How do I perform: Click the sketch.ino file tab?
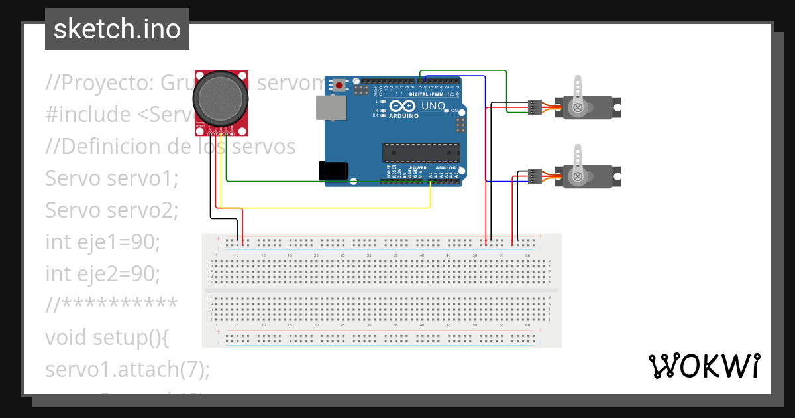tap(117, 29)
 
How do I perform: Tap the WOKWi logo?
tap(704, 366)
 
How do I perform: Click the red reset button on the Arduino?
tap(340, 85)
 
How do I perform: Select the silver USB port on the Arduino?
tap(331, 107)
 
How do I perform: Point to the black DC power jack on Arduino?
tap(334, 171)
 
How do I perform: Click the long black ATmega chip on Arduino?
tap(421, 153)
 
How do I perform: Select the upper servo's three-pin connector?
tap(535, 107)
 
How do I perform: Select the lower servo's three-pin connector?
tap(535, 176)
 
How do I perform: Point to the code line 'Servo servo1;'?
tap(112, 178)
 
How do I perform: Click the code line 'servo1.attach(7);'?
tap(127, 369)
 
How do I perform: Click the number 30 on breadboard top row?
tap(369, 255)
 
